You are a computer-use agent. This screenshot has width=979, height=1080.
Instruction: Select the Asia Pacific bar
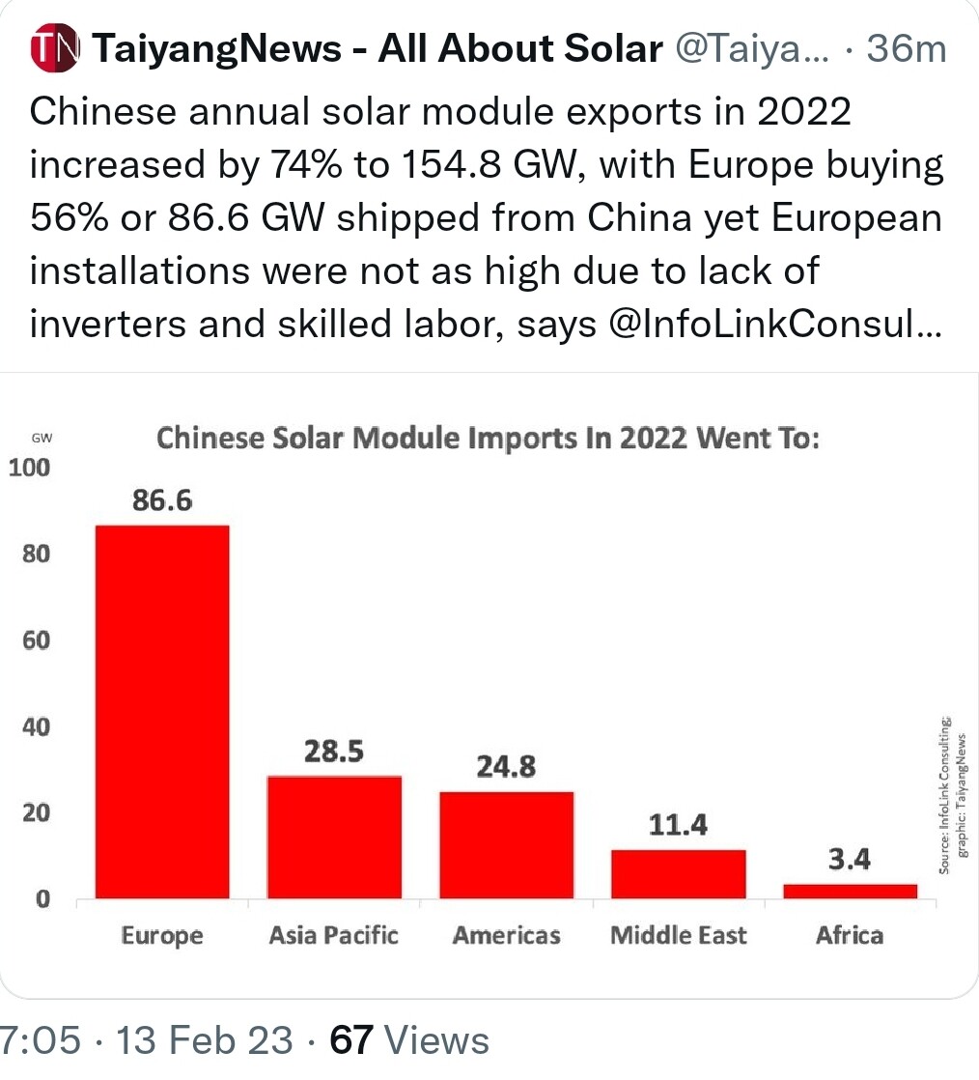(334, 837)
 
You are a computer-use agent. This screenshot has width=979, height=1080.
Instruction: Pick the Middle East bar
(678, 874)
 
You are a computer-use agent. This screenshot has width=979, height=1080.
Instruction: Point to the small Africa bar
(850, 891)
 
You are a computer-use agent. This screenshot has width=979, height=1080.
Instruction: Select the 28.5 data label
(334, 752)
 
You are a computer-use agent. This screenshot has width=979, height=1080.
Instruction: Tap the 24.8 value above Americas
(506, 768)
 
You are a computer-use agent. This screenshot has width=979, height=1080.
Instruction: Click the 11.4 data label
(679, 825)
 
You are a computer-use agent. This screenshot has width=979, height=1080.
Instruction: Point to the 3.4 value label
(850, 860)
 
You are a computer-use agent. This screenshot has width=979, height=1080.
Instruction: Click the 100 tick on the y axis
(28, 469)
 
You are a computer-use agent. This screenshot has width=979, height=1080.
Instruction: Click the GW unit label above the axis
(42, 438)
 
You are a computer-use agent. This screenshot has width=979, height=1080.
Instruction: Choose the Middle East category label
(678, 935)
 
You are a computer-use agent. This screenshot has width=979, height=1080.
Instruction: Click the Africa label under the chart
(850, 935)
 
